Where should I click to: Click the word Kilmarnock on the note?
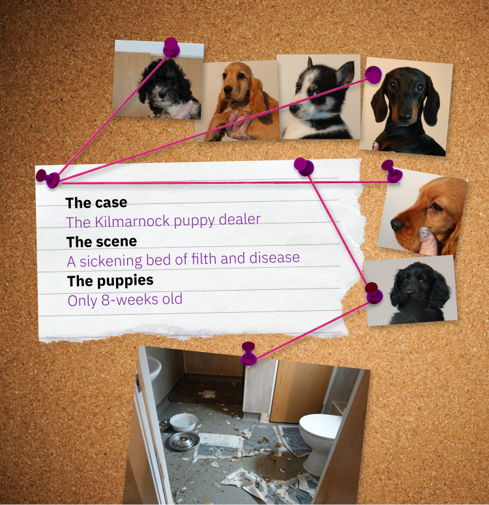coord(132,222)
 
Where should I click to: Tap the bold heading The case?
coord(96,203)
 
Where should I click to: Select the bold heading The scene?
coord(102,242)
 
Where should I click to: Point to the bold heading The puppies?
coord(110,281)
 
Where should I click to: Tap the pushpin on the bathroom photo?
coord(248,353)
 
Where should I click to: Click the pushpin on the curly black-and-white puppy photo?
coord(171,47)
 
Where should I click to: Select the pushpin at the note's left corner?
coord(48,178)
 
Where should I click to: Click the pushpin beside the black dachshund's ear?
coord(374,75)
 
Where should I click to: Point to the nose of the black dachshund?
coord(404,117)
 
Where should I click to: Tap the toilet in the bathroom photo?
coord(319,438)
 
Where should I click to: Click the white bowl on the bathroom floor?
coord(183,422)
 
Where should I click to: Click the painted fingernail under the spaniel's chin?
coord(424,232)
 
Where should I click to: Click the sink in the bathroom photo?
coord(153,367)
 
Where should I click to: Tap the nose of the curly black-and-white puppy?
coord(162,96)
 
